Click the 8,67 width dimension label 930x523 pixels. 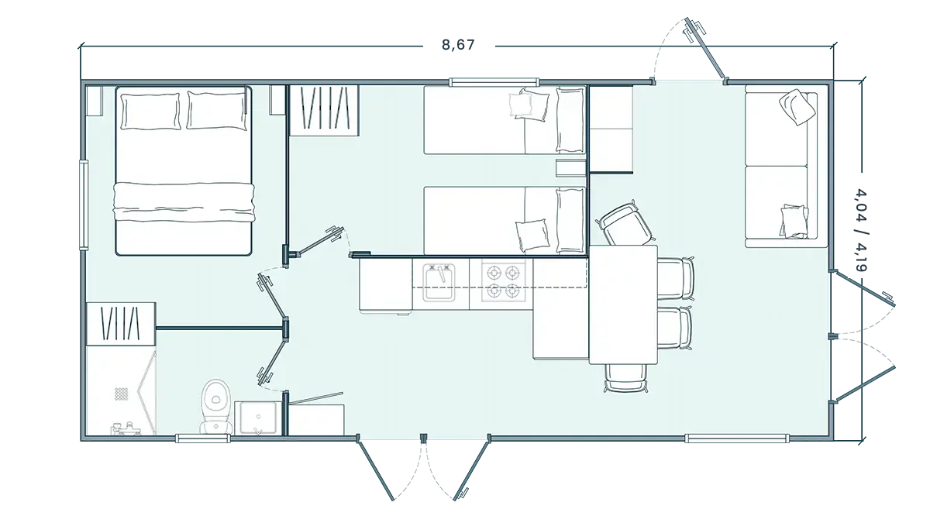(458, 44)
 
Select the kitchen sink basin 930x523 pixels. (439, 283)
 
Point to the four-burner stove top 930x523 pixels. (503, 283)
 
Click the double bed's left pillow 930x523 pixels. (150, 112)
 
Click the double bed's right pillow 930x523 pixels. (216, 110)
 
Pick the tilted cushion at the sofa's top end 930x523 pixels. (797, 107)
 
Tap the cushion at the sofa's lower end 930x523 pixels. (794, 222)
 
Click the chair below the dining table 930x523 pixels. (625, 378)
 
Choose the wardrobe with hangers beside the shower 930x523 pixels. (121, 324)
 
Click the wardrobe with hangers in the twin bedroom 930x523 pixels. (324, 110)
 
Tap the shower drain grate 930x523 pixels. (121, 394)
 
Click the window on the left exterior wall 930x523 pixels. (84, 205)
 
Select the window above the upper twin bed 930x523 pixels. (494, 82)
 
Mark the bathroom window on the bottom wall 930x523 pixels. (202, 439)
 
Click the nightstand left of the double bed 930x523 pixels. (95, 101)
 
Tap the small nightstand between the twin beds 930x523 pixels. (571, 167)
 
